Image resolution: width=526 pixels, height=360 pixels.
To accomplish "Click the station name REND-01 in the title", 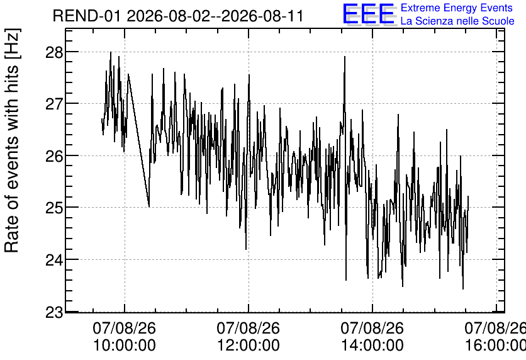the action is coord(86,16).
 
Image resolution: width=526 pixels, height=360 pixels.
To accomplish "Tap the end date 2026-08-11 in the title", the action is coord(262,16).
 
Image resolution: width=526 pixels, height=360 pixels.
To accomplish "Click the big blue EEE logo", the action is coord(369,14).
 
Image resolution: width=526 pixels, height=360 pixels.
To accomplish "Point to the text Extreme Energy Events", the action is coord(457,8).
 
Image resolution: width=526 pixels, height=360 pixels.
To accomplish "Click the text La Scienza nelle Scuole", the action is coord(457,21).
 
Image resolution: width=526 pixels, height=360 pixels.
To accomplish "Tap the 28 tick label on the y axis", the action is coord(54,52).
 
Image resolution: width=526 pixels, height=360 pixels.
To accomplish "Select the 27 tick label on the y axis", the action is coord(54,104).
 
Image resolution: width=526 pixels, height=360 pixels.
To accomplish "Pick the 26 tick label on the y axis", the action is coord(54,155).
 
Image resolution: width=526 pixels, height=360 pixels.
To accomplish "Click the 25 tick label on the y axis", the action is coord(54,208).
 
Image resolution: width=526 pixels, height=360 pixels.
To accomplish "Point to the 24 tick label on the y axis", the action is coord(54,260).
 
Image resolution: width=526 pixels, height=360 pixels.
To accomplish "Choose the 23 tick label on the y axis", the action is coord(54,312).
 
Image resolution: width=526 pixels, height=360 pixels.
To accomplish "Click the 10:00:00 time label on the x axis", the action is coord(125,346).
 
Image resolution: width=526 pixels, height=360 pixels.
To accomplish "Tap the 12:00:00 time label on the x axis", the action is coord(249,346).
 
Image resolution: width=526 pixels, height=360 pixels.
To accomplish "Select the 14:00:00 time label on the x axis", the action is coord(372,346).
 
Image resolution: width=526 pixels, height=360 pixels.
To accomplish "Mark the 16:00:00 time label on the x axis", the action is coord(495,346).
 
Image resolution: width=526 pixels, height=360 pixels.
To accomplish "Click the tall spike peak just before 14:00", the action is coord(345,57).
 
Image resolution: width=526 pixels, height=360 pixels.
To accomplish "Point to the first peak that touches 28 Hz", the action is coord(111,52).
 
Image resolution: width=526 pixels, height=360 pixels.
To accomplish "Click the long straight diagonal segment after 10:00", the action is coord(138,140).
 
